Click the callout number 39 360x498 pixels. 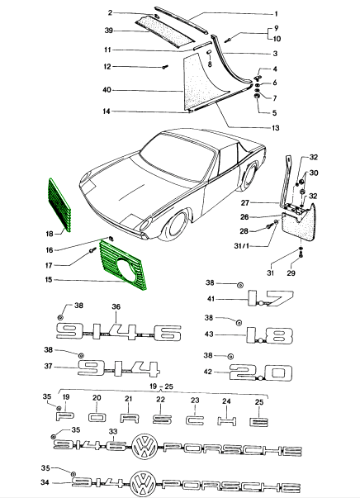coord(109,31)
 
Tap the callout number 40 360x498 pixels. coord(107,90)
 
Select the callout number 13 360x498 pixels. coord(275,128)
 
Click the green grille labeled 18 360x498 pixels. coord(60,205)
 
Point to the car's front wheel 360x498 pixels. coord(178,225)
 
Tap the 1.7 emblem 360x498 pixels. coord(271,298)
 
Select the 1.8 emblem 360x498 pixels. coord(269,335)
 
